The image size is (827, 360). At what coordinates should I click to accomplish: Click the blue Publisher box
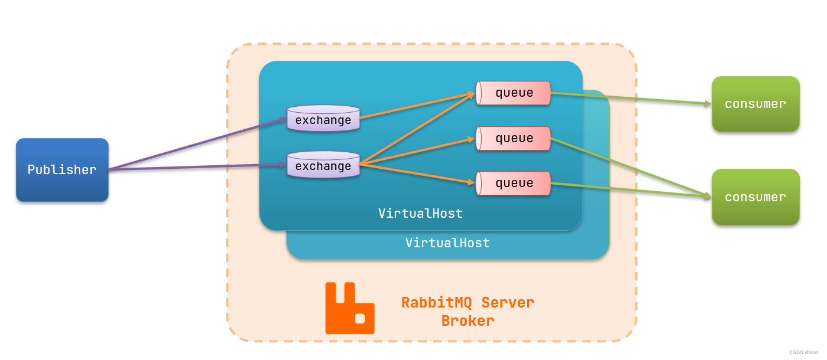click(62, 170)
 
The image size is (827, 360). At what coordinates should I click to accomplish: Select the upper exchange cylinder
click(323, 119)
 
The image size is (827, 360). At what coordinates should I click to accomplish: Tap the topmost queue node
click(514, 93)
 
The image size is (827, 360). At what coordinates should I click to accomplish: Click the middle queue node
click(514, 138)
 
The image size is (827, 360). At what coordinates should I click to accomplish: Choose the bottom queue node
click(514, 183)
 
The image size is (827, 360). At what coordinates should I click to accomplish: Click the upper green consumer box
click(755, 104)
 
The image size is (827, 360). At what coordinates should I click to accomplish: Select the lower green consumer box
click(755, 197)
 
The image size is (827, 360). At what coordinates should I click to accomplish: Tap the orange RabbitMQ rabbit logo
click(349, 309)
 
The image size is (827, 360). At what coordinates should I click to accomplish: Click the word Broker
click(468, 321)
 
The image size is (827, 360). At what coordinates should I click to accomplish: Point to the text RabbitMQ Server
click(468, 303)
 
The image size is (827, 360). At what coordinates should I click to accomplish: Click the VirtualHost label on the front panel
click(420, 214)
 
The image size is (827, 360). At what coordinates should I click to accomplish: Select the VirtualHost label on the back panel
click(447, 243)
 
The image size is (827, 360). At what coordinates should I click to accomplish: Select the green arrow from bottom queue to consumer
click(632, 190)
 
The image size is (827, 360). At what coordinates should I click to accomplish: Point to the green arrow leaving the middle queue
click(632, 167)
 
